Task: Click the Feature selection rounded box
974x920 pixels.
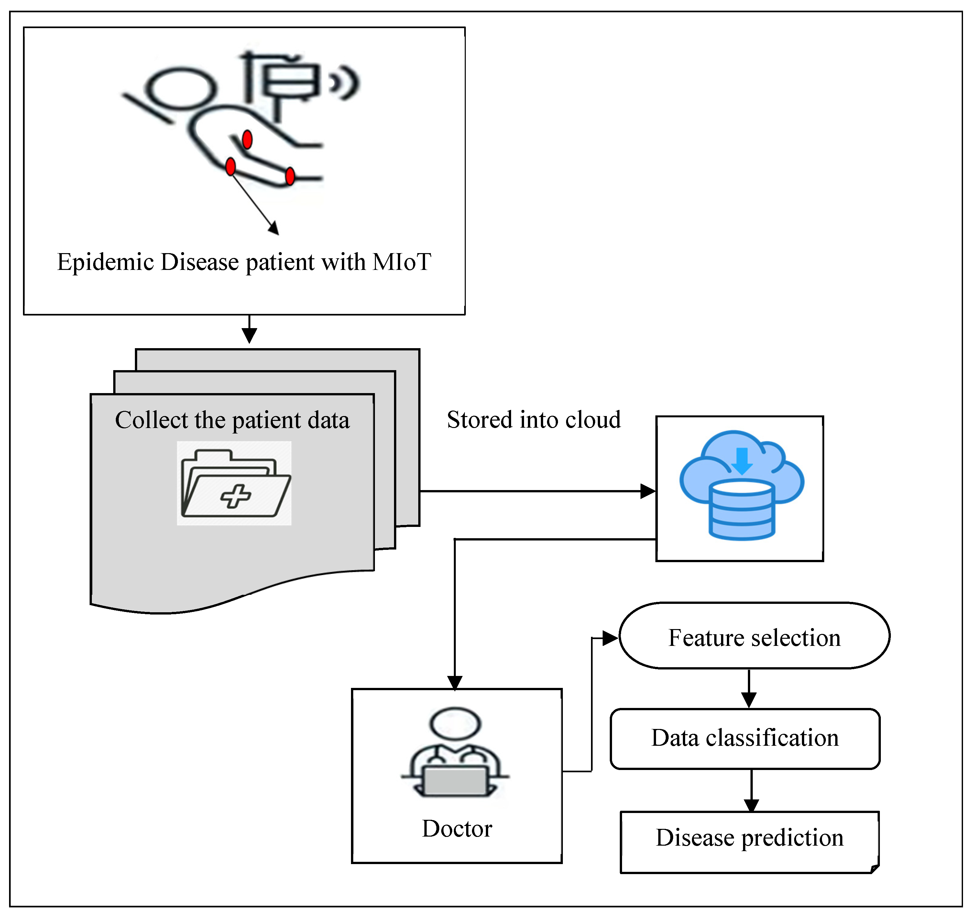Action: tap(754, 636)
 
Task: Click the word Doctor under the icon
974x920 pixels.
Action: tap(456, 829)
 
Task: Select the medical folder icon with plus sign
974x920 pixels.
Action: tap(234, 483)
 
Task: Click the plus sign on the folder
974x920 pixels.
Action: tap(235, 496)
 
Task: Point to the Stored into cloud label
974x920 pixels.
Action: tap(533, 420)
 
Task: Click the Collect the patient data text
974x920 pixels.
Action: tap(232, 420)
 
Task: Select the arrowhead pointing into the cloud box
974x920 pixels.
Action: tap(648, 491)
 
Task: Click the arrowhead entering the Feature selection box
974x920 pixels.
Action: tap(610, 638)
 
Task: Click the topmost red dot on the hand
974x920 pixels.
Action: tap(247, 139)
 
